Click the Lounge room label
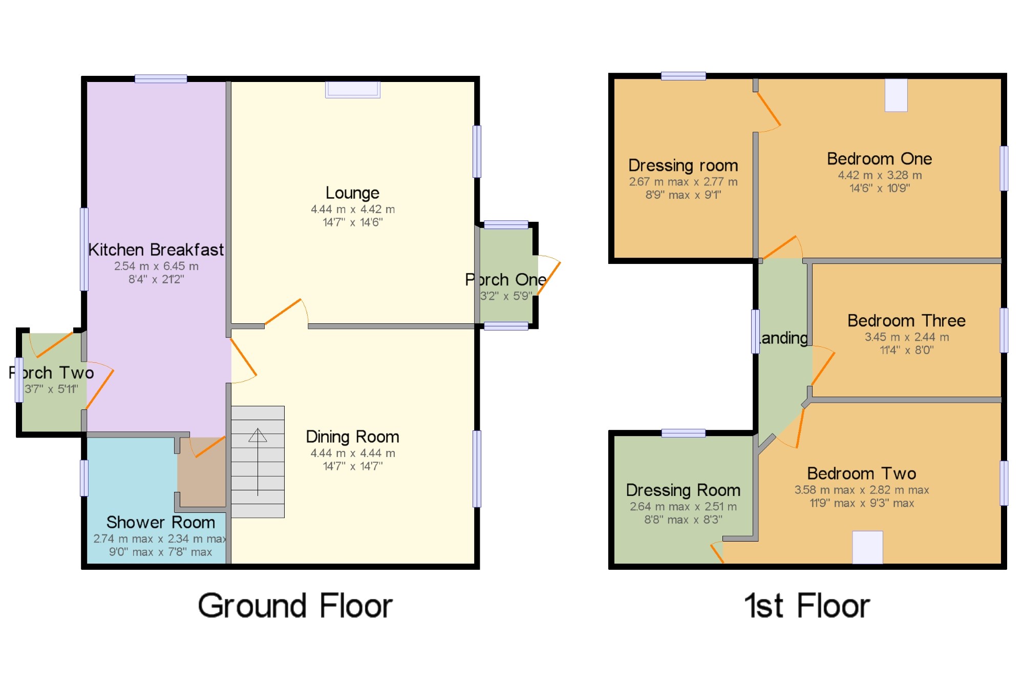click(352, 193)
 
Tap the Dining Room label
click(352, 437)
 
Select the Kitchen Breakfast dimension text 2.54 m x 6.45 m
click(156, 266)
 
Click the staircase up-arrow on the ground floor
click(258, 436)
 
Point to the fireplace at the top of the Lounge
click(353, 90)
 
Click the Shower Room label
click(160, 522)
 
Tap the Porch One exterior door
click(549, 277)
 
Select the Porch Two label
click(51, 372)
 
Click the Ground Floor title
click(295, 606)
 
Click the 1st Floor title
click(807, 606)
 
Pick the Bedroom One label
click(879, 159)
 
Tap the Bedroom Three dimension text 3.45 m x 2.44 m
click(907, 337)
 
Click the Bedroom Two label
click(861, 473)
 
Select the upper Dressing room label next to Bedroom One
click(683, 165)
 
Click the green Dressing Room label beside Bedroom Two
click(683, 490)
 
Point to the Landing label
click(783, 338)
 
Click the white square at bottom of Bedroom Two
click(867, 547)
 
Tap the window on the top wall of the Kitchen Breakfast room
click(161, 78)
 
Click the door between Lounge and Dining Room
click(284, 312)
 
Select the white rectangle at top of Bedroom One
click(896, 95)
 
